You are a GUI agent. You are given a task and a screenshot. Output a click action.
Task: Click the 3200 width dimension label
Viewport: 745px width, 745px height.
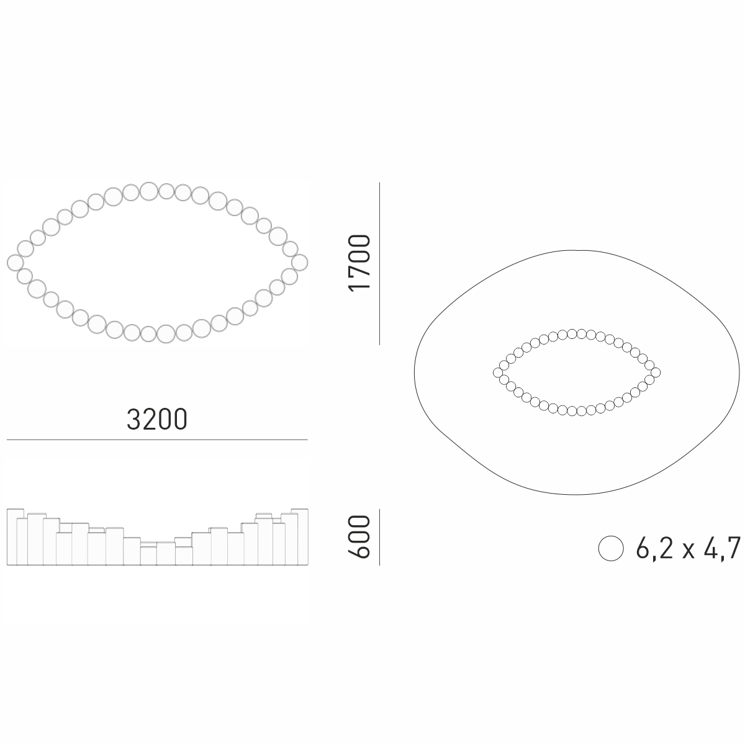click(157, 420)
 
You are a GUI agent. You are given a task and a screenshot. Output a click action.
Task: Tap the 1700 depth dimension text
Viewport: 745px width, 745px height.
click(359, 263)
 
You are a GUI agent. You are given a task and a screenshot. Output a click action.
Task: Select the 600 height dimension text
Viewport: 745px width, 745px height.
click(359, 536)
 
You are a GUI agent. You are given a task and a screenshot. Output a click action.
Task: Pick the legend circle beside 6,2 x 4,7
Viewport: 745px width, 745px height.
click(611, 548)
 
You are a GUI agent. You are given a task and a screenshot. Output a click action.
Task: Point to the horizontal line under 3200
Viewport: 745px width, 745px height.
click(157, 440)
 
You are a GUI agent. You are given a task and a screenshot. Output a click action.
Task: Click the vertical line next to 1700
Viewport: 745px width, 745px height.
click(380, 263)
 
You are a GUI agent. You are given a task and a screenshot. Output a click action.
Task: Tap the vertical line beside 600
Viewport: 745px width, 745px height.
click(380, 537)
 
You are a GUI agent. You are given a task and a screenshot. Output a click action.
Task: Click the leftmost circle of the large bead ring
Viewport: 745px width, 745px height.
click(15, 263)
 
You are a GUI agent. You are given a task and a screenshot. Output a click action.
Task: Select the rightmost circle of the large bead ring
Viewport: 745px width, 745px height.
click(300, 263)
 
